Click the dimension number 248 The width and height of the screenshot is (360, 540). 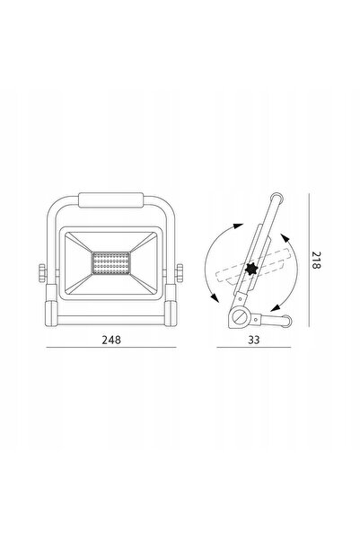click(111, 340)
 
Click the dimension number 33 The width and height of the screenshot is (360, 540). click(254, 340)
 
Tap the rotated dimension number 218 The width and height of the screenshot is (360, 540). click(316, 260)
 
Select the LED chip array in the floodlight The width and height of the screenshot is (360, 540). click(110, 263)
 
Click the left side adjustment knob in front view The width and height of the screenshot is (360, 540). click(42, 273)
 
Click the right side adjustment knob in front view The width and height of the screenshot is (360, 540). click(180, 273)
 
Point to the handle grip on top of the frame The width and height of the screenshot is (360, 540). click(110, 200)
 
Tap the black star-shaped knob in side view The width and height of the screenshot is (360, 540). click(251, 269)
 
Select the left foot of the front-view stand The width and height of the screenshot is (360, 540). click(51, 314)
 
